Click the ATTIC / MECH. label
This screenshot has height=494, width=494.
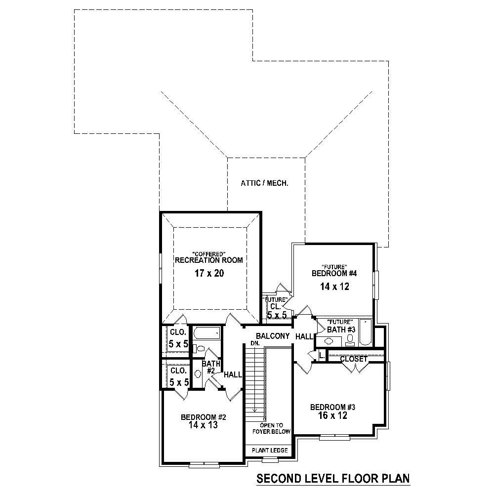click(264, 183)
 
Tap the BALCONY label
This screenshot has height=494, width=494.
click(273, 336)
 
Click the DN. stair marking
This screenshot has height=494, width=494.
click(255, 343)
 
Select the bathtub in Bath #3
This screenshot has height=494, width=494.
click(366, 332)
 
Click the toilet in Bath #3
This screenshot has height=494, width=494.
click(350, 339)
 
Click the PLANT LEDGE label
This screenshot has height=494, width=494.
click(270, 451)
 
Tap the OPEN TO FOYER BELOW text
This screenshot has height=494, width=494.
click(272, 428)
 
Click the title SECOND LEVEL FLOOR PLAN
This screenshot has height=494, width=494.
click(333, 479)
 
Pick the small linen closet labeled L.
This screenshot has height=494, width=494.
click(321, 355)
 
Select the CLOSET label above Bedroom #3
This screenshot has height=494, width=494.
click(354, 359)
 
